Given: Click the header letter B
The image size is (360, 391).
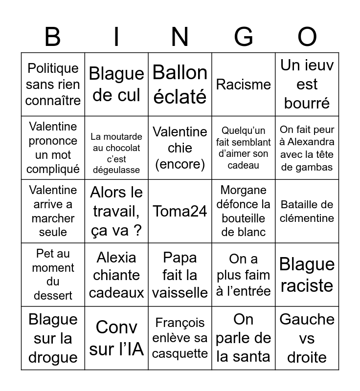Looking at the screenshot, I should [53, 37].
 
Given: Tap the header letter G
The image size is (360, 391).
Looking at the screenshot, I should [244, 37].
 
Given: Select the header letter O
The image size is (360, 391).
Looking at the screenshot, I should [307, 37].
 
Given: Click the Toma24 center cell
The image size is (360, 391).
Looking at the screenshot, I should [180, 211].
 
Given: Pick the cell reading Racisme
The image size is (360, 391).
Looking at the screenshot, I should [244, 84].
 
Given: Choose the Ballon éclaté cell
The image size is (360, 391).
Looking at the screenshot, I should [180, 84].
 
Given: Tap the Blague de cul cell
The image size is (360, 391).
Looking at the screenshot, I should [116, 84].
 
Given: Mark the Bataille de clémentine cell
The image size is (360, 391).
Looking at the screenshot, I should [307, 211].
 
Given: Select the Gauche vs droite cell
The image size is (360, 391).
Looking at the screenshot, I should [307, 338].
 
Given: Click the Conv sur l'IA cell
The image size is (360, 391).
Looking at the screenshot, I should [116, 338].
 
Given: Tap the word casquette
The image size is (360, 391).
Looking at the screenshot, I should [180, 353].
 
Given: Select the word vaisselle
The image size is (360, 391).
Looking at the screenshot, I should [180, 292].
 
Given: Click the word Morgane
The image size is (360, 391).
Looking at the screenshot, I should [244, 190].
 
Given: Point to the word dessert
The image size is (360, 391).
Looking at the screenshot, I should [53, 296].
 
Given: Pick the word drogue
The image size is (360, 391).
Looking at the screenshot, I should [53, 357].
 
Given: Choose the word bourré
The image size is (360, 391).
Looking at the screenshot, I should [307, 103].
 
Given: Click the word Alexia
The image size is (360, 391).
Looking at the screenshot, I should [116, 258].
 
